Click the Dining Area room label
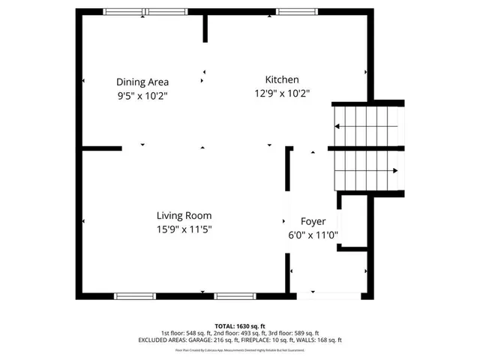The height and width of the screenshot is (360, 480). click(x=142, y=82)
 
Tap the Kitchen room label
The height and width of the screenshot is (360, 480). click(x=282, y=79)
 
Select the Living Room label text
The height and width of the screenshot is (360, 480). click(x=184, y=215)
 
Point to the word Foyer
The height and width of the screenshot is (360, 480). click(x=313, y=221)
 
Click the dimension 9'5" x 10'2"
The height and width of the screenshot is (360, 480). click(x=142, y=95)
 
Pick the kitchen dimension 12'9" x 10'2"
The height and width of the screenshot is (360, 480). click(x=282, y=93)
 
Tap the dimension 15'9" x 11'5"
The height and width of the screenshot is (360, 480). click(x=184, y=229)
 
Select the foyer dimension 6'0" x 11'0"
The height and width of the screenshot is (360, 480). click(x=313, y=235)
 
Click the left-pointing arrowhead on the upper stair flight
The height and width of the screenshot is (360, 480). click(x=337, y=124)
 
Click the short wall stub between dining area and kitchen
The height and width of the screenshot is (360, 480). click(x=205, y=27)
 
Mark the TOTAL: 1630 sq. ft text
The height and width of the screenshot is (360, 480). click(x=240, y=326)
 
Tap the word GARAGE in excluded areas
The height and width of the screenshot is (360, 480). click(x=207, y=340)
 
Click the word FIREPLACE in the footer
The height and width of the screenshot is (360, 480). click(x=256, y=340)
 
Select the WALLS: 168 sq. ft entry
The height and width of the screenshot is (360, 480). click(x=322, y=340)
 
